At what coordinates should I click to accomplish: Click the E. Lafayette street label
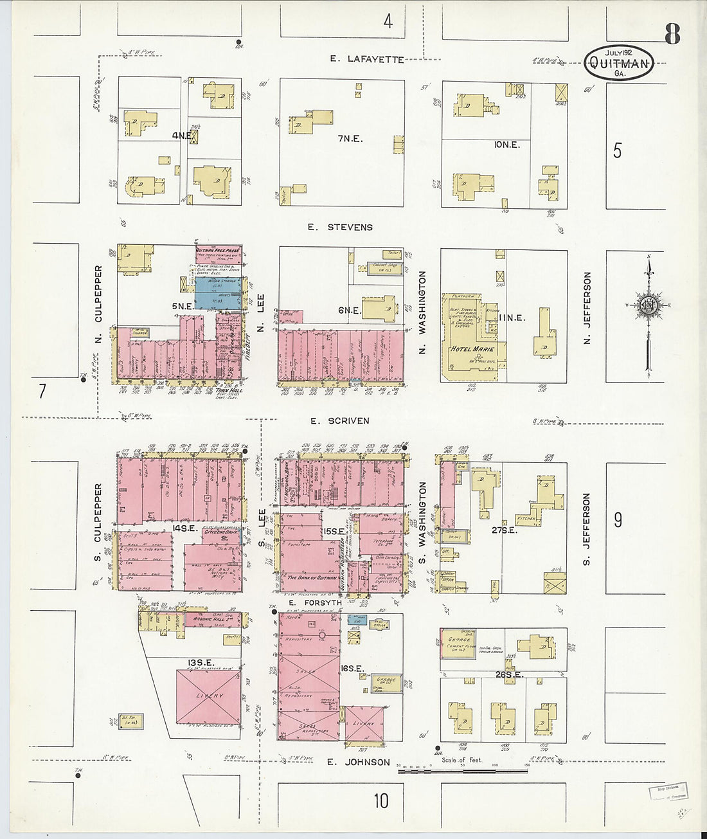(367, 59)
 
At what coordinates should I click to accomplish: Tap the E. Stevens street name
(340, 227)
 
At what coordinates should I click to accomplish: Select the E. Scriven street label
(339, 421)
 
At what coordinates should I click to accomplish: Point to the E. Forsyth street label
(315, 603)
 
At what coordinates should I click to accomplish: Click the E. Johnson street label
(358, 762)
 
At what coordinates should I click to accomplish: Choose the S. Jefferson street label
(586, 530)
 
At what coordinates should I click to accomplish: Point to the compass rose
(647, 305)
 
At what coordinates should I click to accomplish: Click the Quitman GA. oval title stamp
(619, 62)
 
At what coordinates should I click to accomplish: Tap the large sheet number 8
(672, 33)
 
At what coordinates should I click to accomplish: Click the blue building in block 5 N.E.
(219, 293)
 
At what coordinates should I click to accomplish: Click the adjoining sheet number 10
(381, 801)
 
